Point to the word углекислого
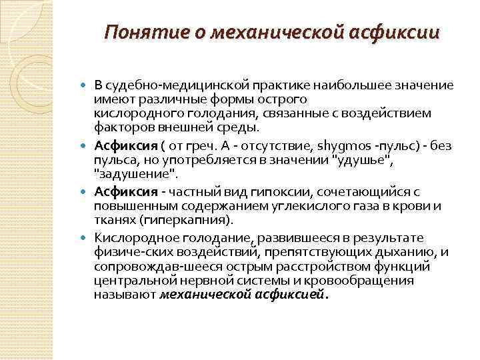point(299,205)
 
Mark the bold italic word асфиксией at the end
point(288,294)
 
